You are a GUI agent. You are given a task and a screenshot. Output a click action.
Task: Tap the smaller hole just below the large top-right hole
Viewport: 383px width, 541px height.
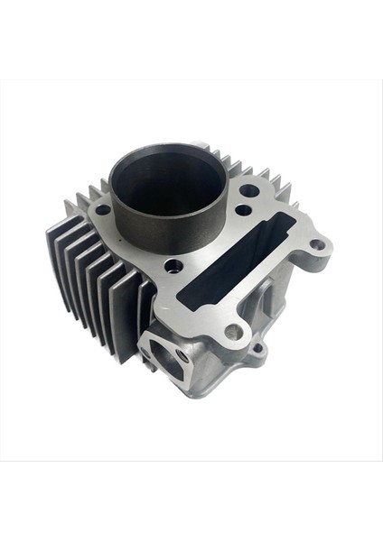242,210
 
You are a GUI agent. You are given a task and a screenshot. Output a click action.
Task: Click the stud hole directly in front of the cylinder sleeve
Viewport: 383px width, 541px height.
173,266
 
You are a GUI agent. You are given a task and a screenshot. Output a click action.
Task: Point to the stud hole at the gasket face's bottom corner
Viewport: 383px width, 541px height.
233,332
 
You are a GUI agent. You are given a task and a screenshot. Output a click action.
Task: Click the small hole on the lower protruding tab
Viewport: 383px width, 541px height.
257,348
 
